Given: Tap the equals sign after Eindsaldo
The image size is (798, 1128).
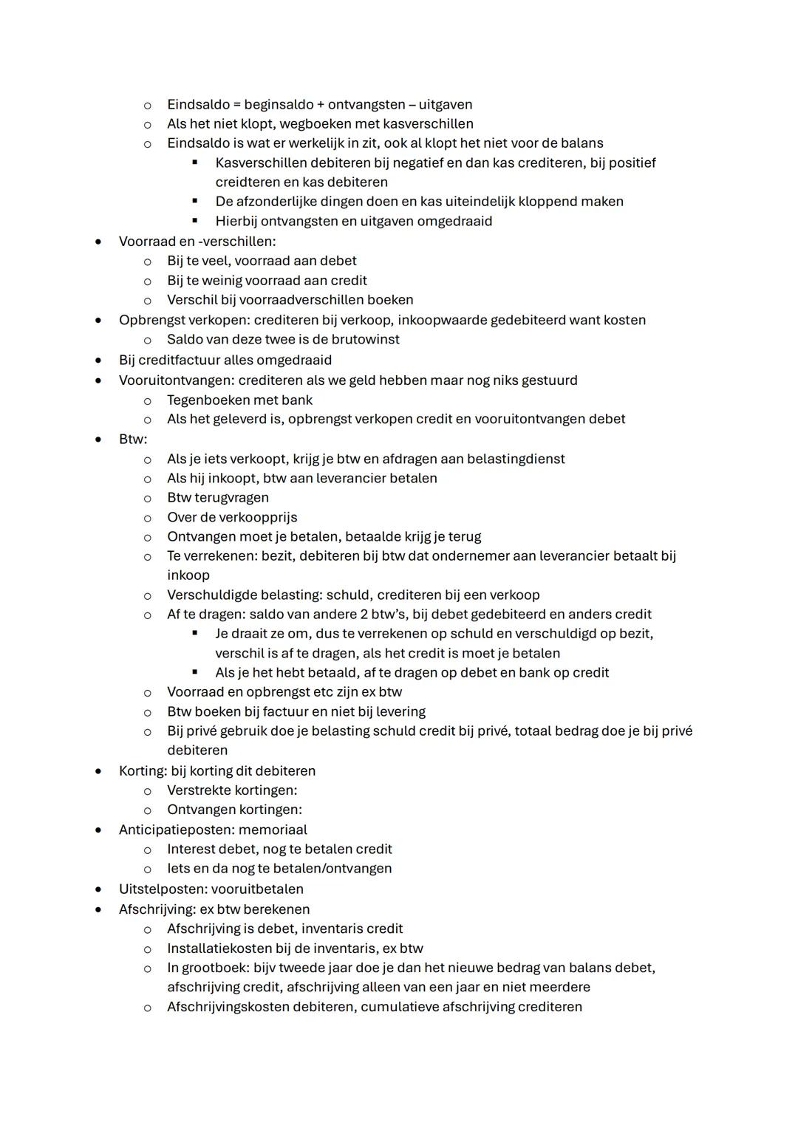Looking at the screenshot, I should click(237, 105).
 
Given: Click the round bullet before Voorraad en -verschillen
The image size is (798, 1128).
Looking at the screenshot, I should click(97, 241).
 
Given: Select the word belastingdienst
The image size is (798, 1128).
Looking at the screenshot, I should click(511, 459).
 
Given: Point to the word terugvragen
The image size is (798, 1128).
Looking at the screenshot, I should click(231, 498).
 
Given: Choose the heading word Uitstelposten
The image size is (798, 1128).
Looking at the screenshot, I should click(158, 889).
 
